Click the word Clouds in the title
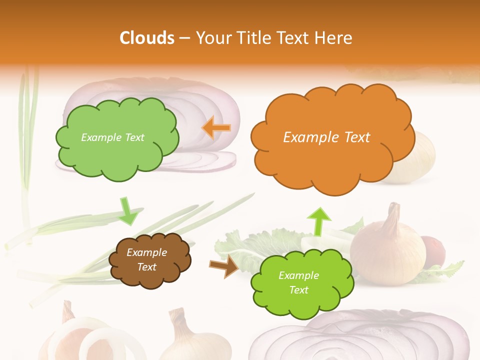[147, 38]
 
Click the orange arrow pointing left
[216, 128]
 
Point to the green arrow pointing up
[318, 220]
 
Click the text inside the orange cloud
[326, 137]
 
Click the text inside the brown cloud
[147, 259]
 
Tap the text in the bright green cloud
[298, 282]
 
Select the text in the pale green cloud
[112, 137]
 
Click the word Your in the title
[210, 38]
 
